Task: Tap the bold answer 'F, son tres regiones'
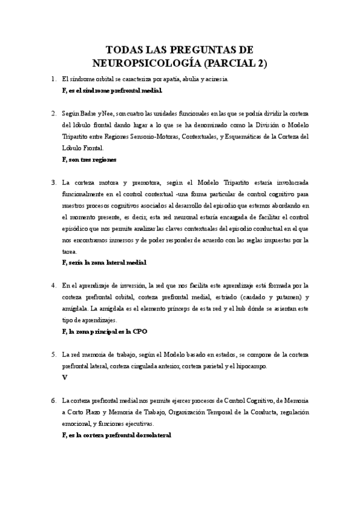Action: point(89,159)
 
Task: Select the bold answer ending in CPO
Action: point(105,331)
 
